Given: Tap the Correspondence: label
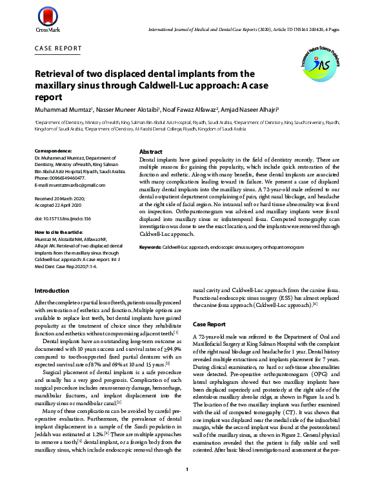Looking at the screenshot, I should pos(53,151).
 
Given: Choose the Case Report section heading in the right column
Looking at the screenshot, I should pos(209,324).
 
